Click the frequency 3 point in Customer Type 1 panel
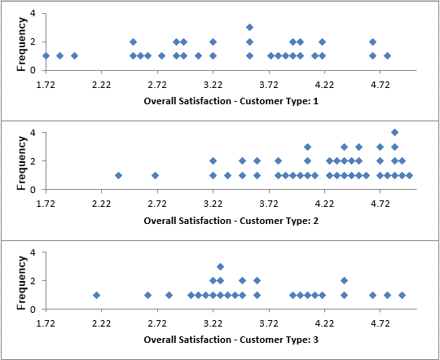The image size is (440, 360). click(249, 27)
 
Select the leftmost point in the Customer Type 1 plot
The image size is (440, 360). click(46, 55)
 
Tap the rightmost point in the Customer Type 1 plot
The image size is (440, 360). click(387, 55)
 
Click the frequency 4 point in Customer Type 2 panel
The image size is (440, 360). click(394, 132)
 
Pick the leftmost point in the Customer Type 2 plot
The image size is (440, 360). click(119, 175)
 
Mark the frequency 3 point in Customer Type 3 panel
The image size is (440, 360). click(220, 266)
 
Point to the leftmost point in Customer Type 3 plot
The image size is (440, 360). click(96, 295)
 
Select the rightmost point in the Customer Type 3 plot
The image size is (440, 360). click(402, 295)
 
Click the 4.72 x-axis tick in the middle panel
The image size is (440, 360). click(380, 204)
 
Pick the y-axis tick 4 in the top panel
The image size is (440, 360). click(32, 13)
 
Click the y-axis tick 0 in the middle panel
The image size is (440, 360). click(32, 190)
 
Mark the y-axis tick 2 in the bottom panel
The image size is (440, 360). click(32, 281)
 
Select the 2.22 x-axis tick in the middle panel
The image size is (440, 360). click(101, 204)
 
